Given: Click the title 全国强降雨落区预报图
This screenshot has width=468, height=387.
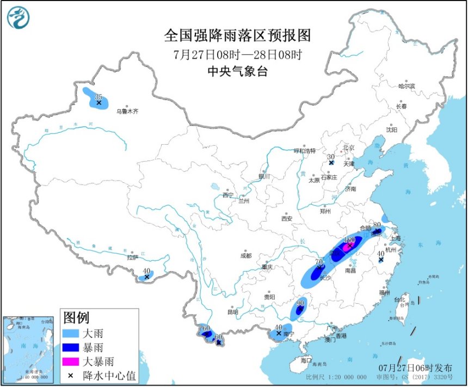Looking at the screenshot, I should click(237, 35).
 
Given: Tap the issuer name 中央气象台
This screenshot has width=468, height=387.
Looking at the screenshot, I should click(238, 71).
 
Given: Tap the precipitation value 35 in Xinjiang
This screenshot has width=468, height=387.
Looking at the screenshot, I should click(98, 96).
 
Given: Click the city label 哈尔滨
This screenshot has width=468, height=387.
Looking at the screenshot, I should click(406, 85).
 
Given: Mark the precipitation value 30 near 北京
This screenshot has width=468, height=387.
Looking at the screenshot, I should click(331, 156).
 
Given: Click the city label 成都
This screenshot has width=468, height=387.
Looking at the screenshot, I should click(245, 255).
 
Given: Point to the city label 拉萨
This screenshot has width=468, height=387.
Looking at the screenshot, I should click(132, 257).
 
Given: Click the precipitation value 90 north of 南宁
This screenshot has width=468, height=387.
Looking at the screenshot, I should click(300, 303).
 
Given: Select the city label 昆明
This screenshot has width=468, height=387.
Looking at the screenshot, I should click(233, 312).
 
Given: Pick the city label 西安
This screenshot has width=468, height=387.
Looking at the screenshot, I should click(287, 219).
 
